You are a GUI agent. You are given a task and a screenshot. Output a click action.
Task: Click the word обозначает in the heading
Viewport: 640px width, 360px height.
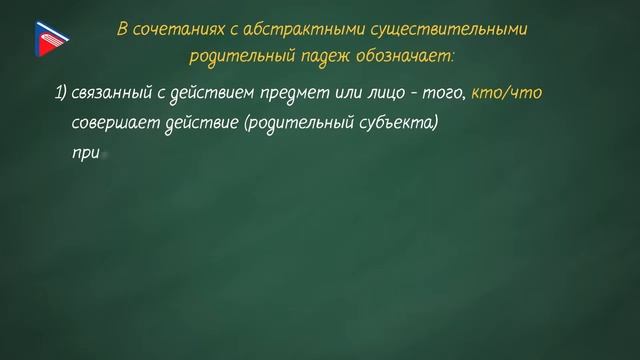[x=401, y=56]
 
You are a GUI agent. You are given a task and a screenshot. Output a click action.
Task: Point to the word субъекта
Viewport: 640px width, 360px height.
[x=373, y=125]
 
